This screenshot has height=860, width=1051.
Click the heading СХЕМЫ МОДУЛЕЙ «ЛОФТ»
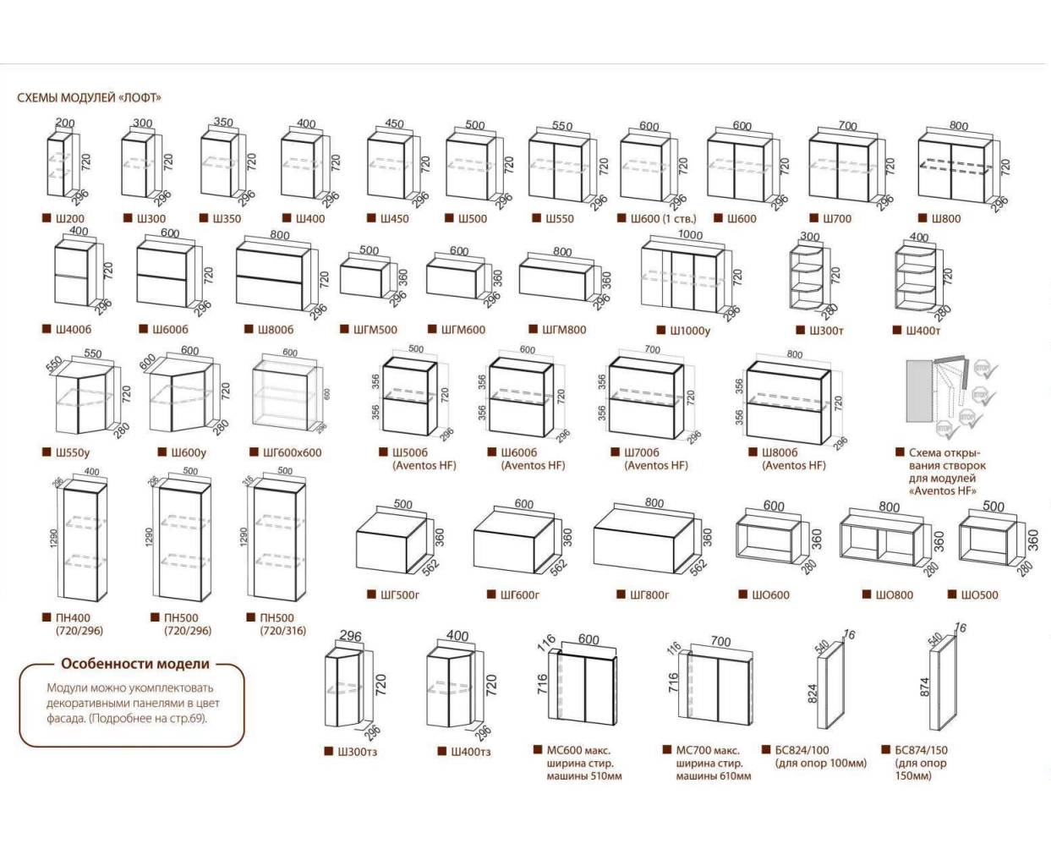click(x=89, y=97)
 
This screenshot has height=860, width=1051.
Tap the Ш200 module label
click(x=69, y=218)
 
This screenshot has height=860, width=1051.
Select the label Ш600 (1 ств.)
click(x=663, y=218)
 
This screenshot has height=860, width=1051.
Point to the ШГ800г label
click(x=649, y=595)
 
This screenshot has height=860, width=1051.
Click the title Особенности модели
click(x=134, y=665)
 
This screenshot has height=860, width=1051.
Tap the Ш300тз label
click(x=356, y=752)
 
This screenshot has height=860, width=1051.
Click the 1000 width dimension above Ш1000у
click(x=690, y=235)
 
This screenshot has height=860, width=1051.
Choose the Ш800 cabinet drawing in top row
click(x=954, y=167)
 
